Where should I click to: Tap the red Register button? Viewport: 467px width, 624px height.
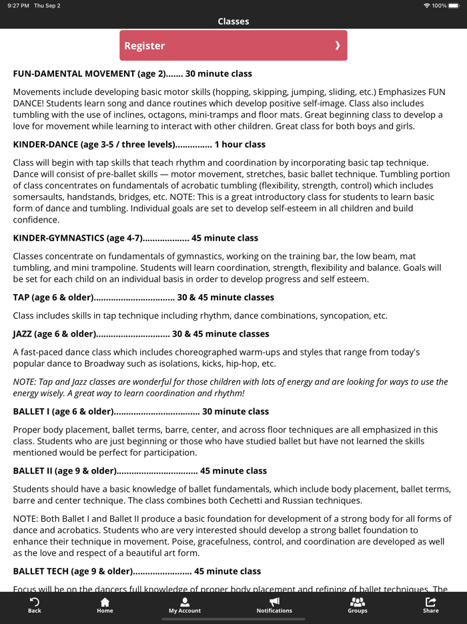click(233, 45)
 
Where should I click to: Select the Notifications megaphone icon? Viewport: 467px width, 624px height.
click(274, 602)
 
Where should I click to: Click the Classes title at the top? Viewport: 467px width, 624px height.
click(233, 21)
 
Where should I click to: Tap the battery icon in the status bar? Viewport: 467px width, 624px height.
click(456, 5)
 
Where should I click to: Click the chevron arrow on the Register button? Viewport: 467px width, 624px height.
click(338, 45)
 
